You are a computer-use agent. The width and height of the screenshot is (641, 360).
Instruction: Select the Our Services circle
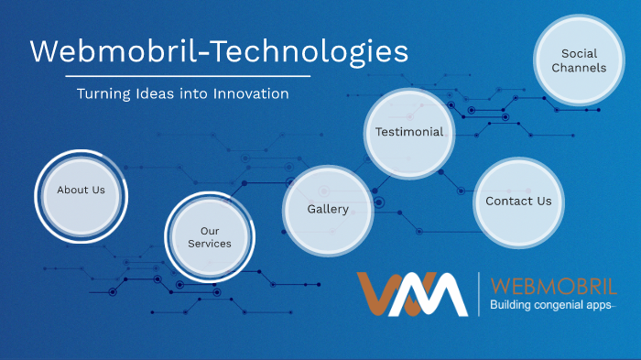tap(210, 237)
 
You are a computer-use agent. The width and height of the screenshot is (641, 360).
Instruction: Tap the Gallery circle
tap(327, 210)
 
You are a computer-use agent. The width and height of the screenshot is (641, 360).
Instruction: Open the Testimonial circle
tap(408, 132)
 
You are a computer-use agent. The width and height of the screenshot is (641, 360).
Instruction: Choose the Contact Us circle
tap(518, 202)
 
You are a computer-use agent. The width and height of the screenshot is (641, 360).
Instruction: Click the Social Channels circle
tap(579, 61)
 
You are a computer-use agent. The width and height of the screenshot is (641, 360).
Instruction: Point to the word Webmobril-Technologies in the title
tap(219, 51)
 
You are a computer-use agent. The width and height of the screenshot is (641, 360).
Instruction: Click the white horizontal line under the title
tap(169, 76)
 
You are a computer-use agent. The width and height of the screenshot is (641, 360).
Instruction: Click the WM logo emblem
tap(412, 294)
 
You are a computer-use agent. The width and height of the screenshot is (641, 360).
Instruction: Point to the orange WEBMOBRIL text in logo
tap(549, 285)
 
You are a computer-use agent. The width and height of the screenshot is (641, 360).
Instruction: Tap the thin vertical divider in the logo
tap(478, 294)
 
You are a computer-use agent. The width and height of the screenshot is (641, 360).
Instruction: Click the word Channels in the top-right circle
tap(579, 68)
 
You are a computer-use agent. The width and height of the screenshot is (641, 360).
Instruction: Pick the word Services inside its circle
tap(210, 244)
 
